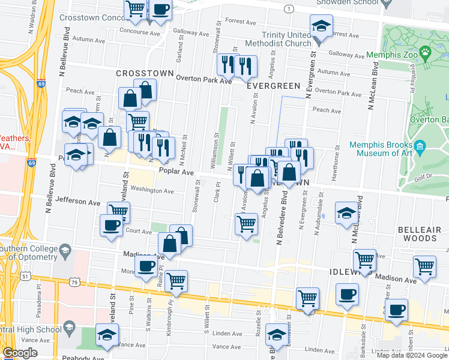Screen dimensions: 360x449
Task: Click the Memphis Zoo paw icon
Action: tap(426, 52)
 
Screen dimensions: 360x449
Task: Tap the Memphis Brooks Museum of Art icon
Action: tap(420, 146)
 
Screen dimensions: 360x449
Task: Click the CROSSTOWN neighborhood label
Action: tap(145, 73)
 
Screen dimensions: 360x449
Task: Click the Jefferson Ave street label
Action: tap(77, 202)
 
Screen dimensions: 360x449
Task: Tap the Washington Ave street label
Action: tap(152, 191)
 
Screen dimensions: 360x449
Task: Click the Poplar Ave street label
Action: tap(176, 172)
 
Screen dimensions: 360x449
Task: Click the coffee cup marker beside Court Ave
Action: tap(111, 226)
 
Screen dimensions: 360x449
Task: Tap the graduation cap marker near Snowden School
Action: tap(321, 27)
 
